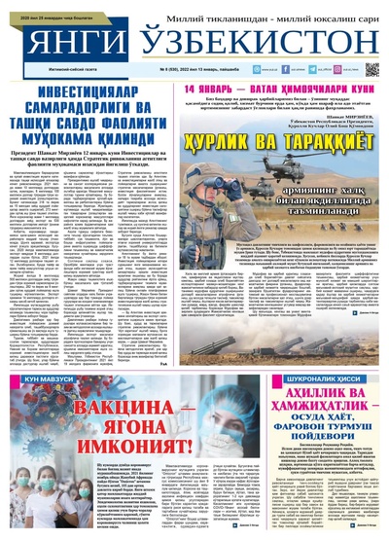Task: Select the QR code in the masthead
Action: [371, 70]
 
